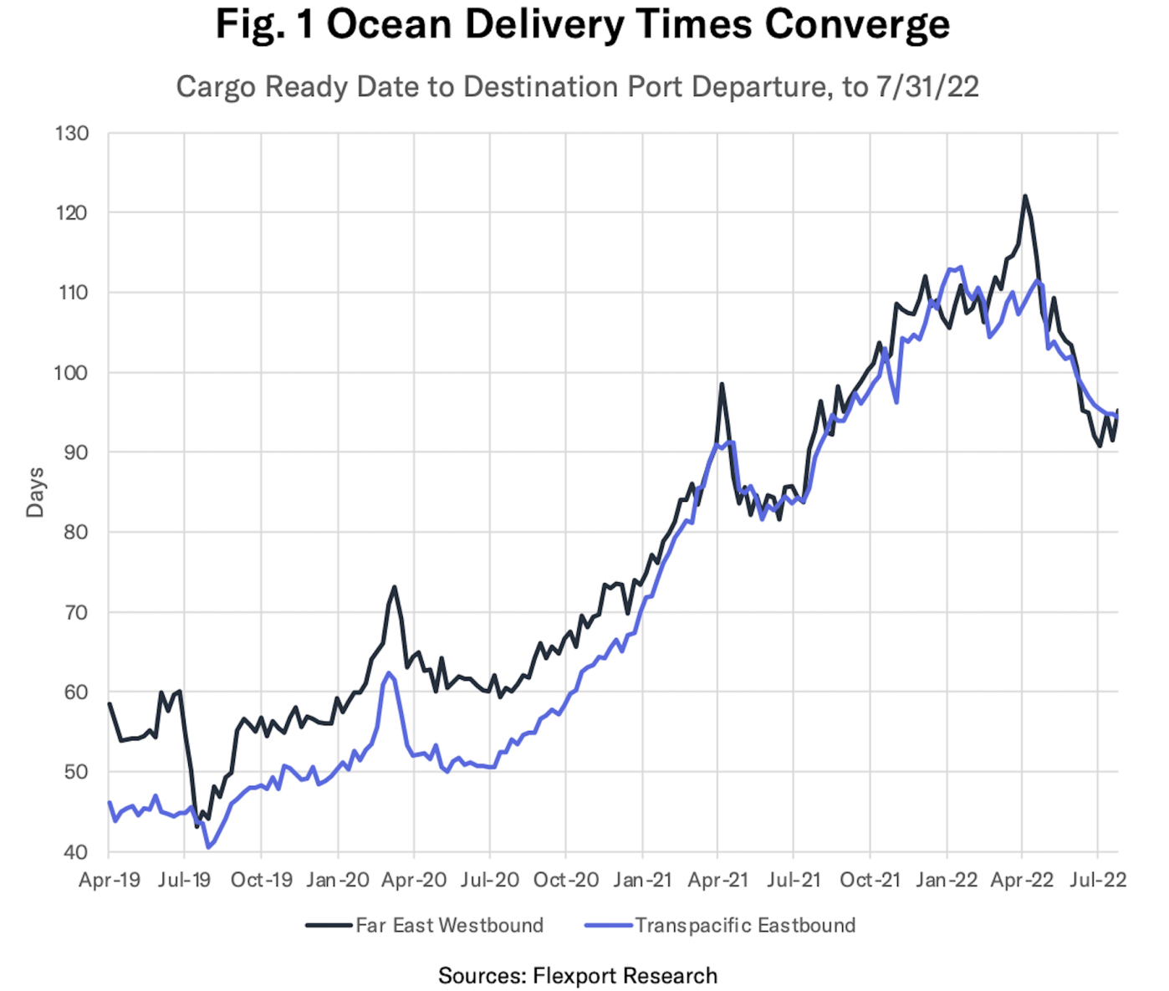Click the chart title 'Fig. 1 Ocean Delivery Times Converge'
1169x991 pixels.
point(583,25)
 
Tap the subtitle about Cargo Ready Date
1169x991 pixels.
point(577,87)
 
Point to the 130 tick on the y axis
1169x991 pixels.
point(72,133)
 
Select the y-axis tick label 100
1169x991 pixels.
point(72,372)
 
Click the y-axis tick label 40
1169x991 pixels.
point(75,852)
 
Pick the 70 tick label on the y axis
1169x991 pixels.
point(75,612)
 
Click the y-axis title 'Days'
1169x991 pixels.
point(35,493)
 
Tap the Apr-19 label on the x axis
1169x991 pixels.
point(109,881)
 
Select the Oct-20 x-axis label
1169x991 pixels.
point(566,881)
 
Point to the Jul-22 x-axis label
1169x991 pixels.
point(1098,881)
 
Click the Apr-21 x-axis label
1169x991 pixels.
point(717,881)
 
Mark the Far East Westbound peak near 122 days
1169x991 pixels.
point(1024,197)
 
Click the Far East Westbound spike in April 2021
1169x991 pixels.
point(722,385)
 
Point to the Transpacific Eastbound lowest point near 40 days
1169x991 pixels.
point(208,847)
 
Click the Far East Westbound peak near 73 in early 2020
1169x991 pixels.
point(394,587)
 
